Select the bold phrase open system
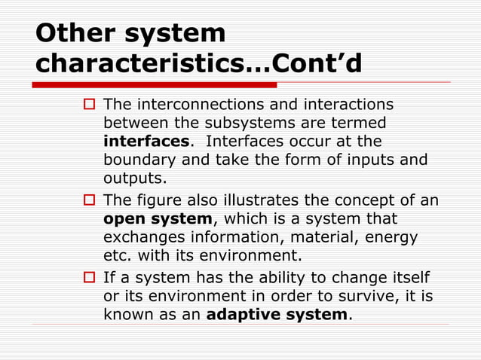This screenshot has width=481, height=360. click(158, 219)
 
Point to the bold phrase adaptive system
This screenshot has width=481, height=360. click(277, 314)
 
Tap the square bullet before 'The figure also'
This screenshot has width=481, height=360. click(87, 200)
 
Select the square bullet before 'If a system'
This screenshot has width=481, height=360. click(87, 278)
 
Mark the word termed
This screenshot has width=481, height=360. click(363, 122)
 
